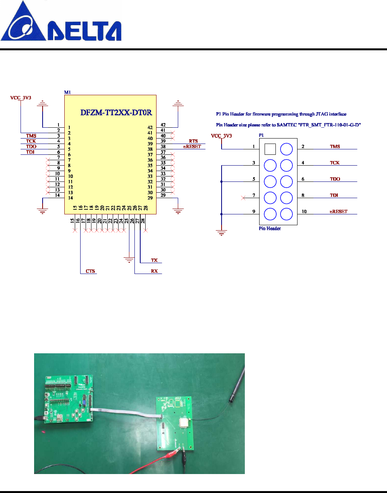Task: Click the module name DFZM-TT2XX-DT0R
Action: pos(116,113)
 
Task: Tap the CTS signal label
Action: pos(90,271)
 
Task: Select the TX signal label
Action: pos(154,260)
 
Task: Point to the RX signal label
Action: pos(154,271)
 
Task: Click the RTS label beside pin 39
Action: pos(193,141)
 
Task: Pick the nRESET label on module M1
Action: pos(192,146)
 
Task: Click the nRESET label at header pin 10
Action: pos(339,211)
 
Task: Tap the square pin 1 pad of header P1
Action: pos(270,149)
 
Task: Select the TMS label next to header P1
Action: pos(335,146)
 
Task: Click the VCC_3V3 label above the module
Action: pos(21,98)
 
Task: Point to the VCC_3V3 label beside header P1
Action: pos(221,136)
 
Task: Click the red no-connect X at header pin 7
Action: pos(243,198)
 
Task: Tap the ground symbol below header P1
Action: pos(221,233)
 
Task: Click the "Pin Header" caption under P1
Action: pos(270,228)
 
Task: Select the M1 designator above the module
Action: pos(67,92)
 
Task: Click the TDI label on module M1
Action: pos(30,152)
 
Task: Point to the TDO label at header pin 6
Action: pos(335,179)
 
